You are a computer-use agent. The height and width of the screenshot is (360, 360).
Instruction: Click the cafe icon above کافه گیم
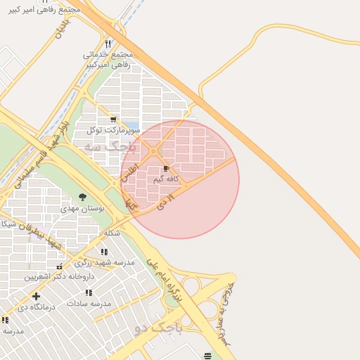[x=166, y=169]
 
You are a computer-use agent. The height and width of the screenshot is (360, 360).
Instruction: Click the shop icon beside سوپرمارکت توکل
[x=104, y=120]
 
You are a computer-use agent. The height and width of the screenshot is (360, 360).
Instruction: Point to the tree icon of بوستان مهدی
[x=83, y=198]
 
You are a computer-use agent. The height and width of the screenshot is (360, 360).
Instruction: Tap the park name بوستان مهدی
[x=87, y=209]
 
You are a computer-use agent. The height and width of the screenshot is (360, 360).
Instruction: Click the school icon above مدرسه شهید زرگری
[x=104, y=252]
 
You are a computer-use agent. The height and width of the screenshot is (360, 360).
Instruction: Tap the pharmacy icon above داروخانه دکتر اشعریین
[x=59, y=267]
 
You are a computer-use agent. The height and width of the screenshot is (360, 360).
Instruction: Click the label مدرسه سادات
[x=89, y=303]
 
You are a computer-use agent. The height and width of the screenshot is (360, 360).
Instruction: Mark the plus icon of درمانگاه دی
[x=36, y=296]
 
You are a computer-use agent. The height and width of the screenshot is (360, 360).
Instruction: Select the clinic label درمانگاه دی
[x=32, y=307]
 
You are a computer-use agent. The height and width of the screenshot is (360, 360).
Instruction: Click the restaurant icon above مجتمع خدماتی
[x=108, y=44]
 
